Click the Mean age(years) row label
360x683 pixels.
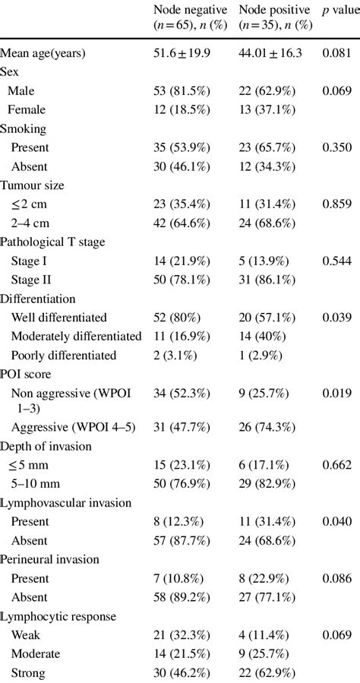pos(43,53)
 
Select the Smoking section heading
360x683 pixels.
pos(24,128)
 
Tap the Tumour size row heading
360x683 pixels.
pos(32,185)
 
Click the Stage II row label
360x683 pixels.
pos(31,279)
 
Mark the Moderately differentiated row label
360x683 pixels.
pos(76,335)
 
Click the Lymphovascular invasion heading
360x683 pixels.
pos(66,503)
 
